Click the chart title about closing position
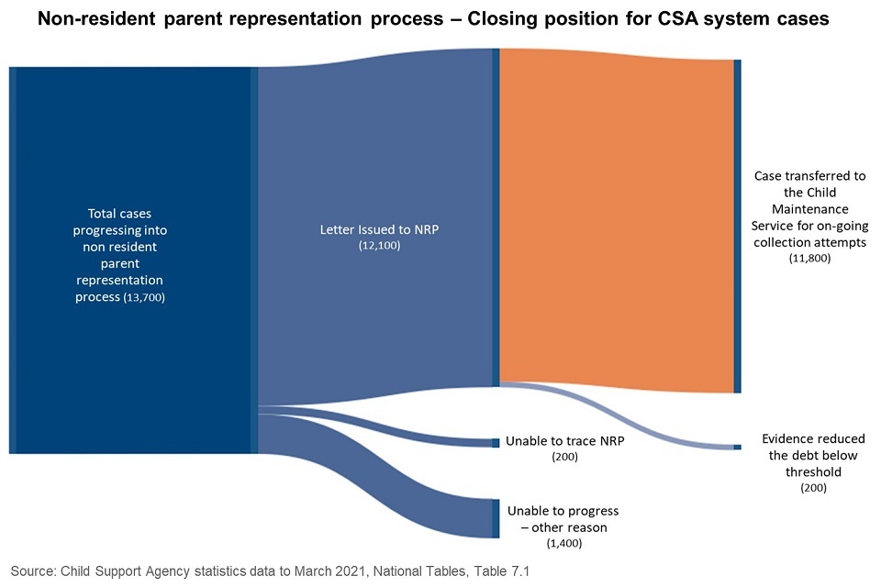pyautogui.click(x=440, y=19)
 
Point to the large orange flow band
pyautogui.click(x=615, y=220)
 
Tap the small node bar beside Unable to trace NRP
pyautogui.click(x=496, y=442)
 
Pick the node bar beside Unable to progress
pyautogui.click(x=496, y=518)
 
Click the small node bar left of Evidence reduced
pyautogui.click(x=737, y=447)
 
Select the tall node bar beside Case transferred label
pyautogui.click(x=737, y=225)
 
